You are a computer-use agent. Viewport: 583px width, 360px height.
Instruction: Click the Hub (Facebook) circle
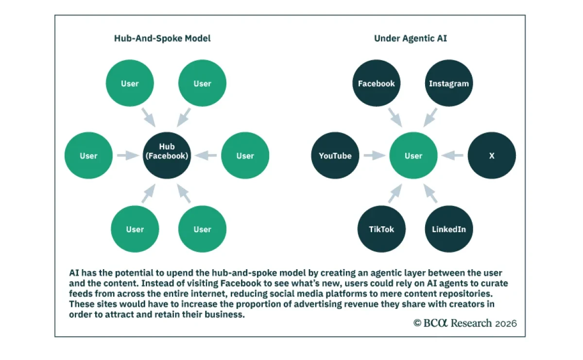click(x=167, y=155)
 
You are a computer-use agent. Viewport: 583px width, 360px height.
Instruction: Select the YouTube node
click(x=335, y=155)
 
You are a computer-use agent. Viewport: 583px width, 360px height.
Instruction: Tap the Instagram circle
click(x=448, y=84)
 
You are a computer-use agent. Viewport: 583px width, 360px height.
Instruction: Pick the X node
click(x=492, y=155)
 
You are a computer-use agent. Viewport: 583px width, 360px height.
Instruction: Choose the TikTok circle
click(x=381, y=229)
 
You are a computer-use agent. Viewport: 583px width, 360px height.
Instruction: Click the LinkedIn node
click(x=448, y=229)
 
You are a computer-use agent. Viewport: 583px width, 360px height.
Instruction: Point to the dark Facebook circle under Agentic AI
click(x=377, y=84)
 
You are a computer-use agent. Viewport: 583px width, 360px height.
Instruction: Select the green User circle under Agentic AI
click(x=413, y=155)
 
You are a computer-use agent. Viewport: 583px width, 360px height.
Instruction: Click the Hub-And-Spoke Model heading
click(x=162, y=38)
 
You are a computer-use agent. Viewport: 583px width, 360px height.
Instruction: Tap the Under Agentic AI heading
click(x=411, y=38)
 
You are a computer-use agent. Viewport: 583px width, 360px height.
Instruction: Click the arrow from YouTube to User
click(x=374, y=155)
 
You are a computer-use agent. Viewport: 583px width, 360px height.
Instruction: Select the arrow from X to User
click(x=452, y=155)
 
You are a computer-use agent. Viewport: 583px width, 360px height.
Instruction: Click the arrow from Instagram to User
click(x=430, y=117)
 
